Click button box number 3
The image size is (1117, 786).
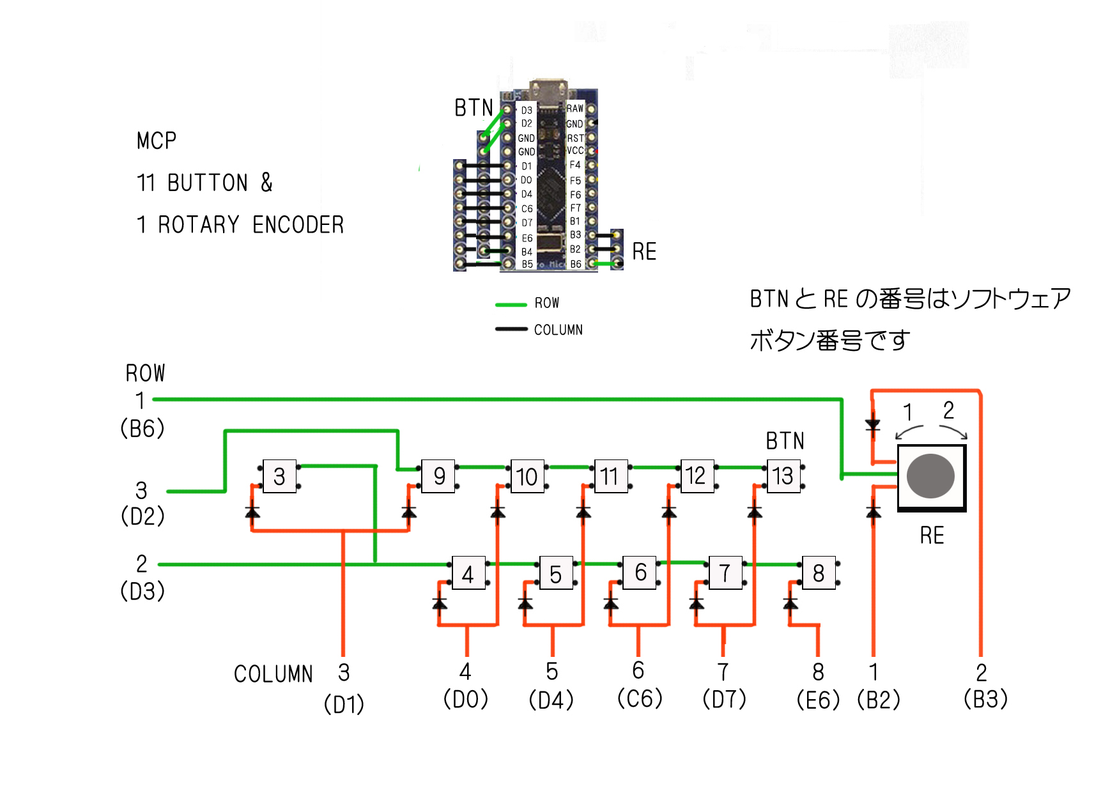(279, 477)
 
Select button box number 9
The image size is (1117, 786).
(438, 476)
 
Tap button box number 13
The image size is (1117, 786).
(783, 476)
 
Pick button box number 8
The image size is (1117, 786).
(818, 573)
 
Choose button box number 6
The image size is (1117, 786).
(640, 573)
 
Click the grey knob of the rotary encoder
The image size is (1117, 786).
(930, 476)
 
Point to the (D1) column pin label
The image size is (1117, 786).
(344, 704)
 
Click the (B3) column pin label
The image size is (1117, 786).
(985, 699)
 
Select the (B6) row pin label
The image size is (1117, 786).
(143, 428)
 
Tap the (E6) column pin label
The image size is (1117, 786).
(818, 700)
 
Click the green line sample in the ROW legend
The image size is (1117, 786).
(511, 305)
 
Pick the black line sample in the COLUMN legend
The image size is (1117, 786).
(511, 329)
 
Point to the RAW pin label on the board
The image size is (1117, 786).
(574, 109)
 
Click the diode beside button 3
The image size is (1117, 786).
(252, 512)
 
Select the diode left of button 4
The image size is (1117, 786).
(439, 603)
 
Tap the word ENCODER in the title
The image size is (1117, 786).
(298, 225)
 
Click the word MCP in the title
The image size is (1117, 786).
(157, 141)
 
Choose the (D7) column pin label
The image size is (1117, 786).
(724, 699)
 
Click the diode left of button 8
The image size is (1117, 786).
(790, 603)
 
